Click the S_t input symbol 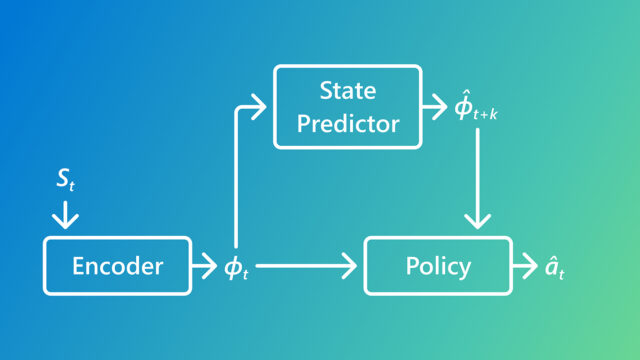click(x=63, y=181)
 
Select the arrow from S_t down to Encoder click(x=63, y=213)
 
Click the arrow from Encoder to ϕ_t click(x=206, y=266)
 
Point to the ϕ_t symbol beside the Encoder click(x=236, y=268)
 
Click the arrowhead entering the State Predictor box click(x=262, y=104)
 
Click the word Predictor click(x=346, y=123)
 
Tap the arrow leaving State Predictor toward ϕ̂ click(x=436, y=104)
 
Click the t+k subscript click(x=486, y=115)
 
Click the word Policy click(x=437, y=266)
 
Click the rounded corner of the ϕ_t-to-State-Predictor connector click(x=238, y=108)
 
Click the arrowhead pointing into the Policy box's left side click(x=353, y=266)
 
